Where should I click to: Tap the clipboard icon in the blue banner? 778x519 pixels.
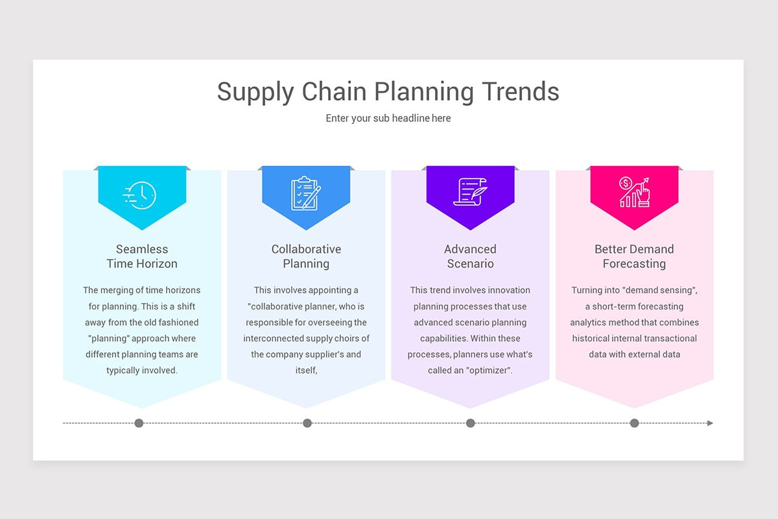[x=306, y=193]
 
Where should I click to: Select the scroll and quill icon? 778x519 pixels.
[x=470, y=193]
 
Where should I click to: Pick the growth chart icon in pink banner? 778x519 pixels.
[x=634, y=193]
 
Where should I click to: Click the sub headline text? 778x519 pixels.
[x=388, y=118]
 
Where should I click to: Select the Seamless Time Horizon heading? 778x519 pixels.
[x=142, y=256]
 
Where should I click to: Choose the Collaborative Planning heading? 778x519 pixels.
[x=306, y=256]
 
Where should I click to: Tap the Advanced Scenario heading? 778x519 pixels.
[x=470, y=256]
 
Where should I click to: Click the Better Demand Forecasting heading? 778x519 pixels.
[x=634, y=256]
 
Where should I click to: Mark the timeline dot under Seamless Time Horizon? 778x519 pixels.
[x=139, y=423]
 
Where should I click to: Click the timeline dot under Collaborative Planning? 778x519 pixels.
[x=307, y=423]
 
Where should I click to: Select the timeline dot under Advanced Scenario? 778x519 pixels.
[x=471, y=423]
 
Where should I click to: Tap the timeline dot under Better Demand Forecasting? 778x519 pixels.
[x=634, y=423]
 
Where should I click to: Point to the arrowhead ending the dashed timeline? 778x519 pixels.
[x=710, y=423]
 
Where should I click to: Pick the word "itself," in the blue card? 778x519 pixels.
[x=306, y=370]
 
